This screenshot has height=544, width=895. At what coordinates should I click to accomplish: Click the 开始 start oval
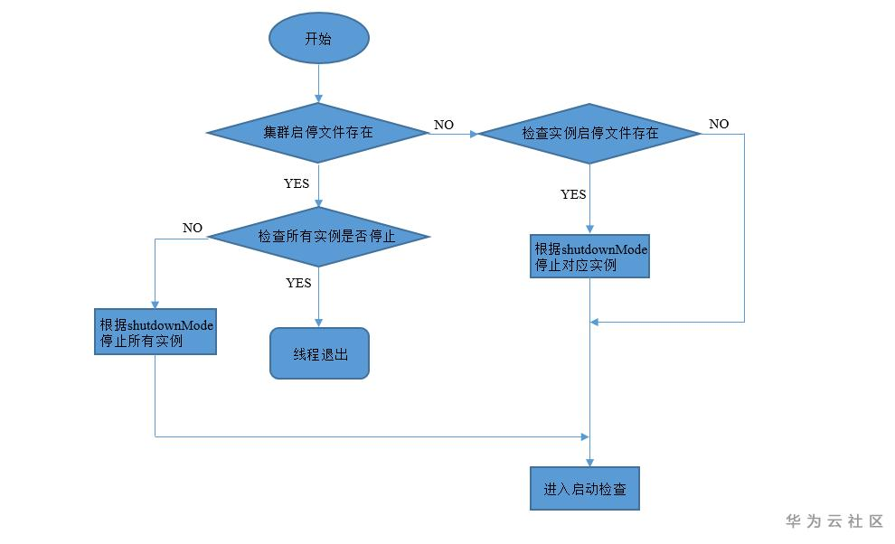tap(318, 39)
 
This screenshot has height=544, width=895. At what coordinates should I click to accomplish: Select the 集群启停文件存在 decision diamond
tap(317, 133)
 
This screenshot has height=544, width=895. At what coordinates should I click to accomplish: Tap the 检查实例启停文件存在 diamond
tap(589, 134)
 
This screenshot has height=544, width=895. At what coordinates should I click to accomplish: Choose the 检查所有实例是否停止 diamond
tap(318, 237)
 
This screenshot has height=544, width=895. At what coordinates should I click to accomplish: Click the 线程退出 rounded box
tap(319, 353)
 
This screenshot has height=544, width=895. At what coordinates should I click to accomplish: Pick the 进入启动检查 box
tap(590, 489)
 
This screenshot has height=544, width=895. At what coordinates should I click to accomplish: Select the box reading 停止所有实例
tap(155, 332)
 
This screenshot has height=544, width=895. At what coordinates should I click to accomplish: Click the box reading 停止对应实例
tap(589, 256)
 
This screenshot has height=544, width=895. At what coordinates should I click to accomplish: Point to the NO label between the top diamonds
tap(444, 125)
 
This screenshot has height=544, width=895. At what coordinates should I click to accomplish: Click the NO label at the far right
tap(719, 124)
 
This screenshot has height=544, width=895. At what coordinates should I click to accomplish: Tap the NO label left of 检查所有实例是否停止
tap(193, 228)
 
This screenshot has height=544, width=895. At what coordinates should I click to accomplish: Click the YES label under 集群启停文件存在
tap(297, 183)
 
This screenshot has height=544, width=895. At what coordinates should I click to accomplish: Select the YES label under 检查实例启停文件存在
tap(573, 194)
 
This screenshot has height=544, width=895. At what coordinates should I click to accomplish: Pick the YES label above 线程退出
tap(298, 283)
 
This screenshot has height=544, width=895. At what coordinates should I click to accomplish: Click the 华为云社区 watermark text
tap(834, 521)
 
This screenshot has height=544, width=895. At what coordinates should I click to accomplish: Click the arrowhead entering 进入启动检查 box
tap(590, 461)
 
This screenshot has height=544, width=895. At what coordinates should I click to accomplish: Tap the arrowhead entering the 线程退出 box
tap(318, 323)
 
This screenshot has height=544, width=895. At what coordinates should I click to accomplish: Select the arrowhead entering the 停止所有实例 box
tap(155, 305)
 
